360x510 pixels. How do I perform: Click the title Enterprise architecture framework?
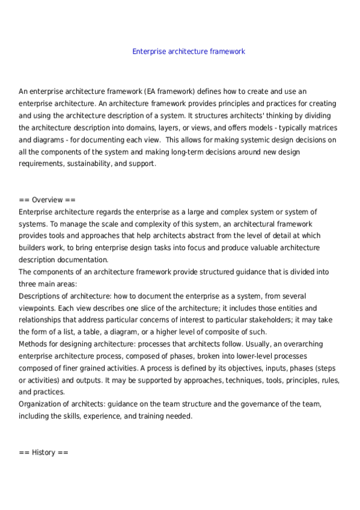pyautogui.click(x=188, y=52)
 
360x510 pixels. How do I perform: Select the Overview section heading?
pyautogui.click(x=47, y=200)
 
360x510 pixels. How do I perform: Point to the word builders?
pyautogui.click(x=32, y=248)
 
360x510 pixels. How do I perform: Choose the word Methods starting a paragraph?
pyautogui.click(x=33, y=344)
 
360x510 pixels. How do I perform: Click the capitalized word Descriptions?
pyautogui.click(x=41, y=296)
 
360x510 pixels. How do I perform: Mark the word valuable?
pyautogui.click(x=257, y=248)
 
